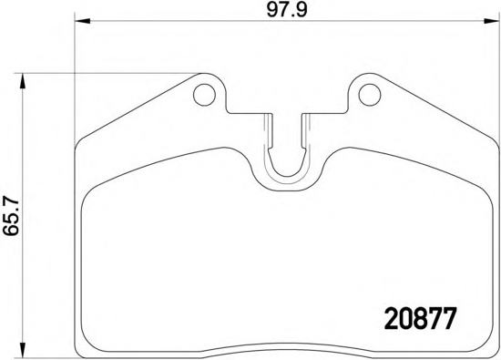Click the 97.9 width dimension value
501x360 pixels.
(287, 11)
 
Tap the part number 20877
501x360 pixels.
(420, 318)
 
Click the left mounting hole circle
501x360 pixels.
(204, 95)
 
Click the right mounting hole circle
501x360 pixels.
(370, 95)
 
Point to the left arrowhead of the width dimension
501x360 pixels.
(82, 21)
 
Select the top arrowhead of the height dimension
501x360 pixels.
(22, 81)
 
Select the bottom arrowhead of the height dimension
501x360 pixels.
(22, 349)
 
